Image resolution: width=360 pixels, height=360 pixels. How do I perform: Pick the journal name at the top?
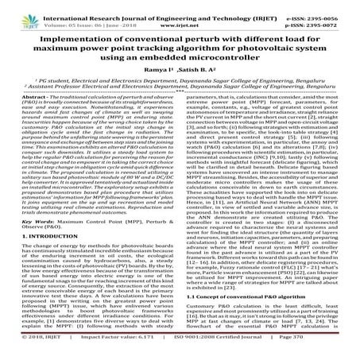pyautogui.click(x=172, y=7)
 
